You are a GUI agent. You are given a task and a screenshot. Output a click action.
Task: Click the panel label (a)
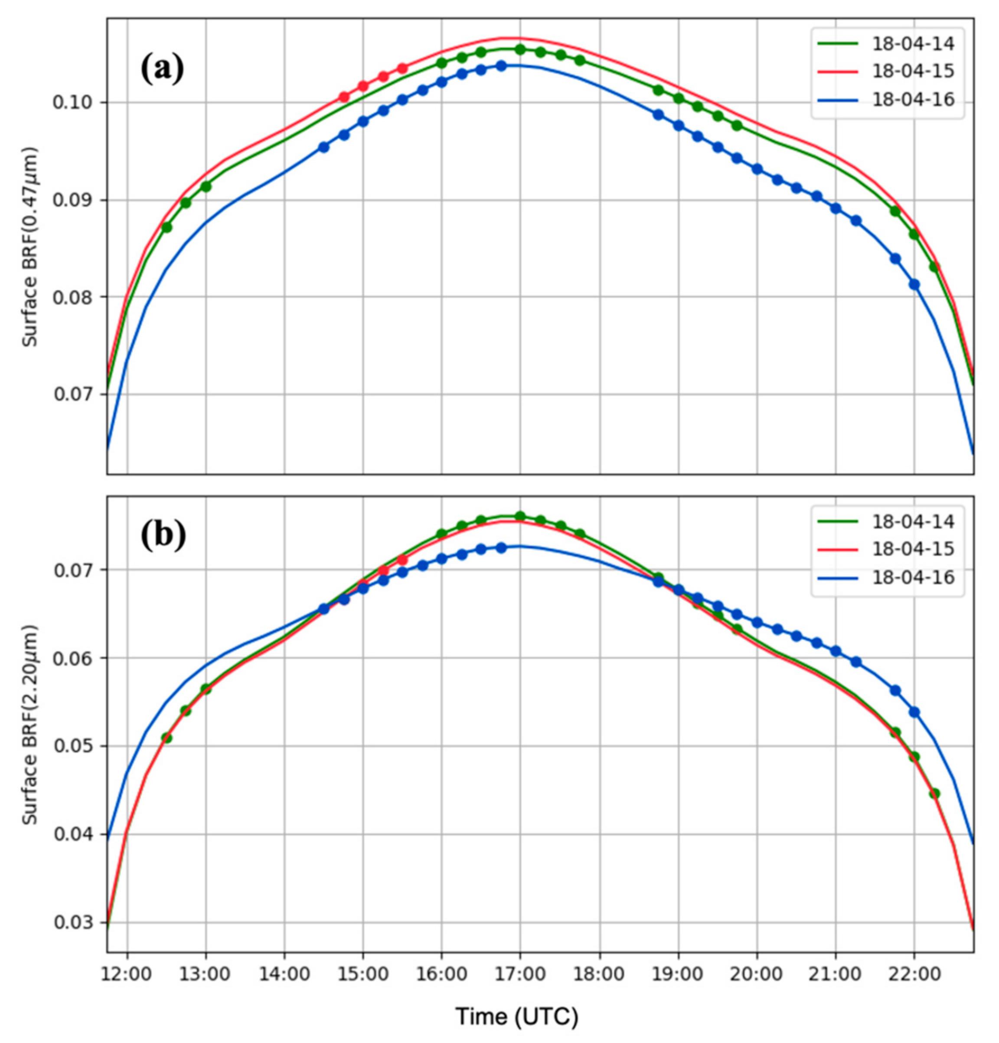[162, 69]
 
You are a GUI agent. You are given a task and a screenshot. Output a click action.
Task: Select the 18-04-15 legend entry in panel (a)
[913, 71]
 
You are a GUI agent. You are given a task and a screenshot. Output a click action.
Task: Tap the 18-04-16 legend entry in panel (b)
[913, 577]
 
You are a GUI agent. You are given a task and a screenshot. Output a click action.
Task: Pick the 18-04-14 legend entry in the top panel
[913, 43]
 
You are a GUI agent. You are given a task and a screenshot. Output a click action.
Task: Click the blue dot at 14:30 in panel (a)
[323, 148]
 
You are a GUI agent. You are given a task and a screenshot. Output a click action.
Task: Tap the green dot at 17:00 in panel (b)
[520, 516]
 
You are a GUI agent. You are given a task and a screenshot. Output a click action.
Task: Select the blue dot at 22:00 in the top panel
[914, 285]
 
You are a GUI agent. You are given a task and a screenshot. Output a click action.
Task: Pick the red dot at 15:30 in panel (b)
[402, 560]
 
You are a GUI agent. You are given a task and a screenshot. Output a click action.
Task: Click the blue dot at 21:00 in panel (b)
[835, 651]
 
